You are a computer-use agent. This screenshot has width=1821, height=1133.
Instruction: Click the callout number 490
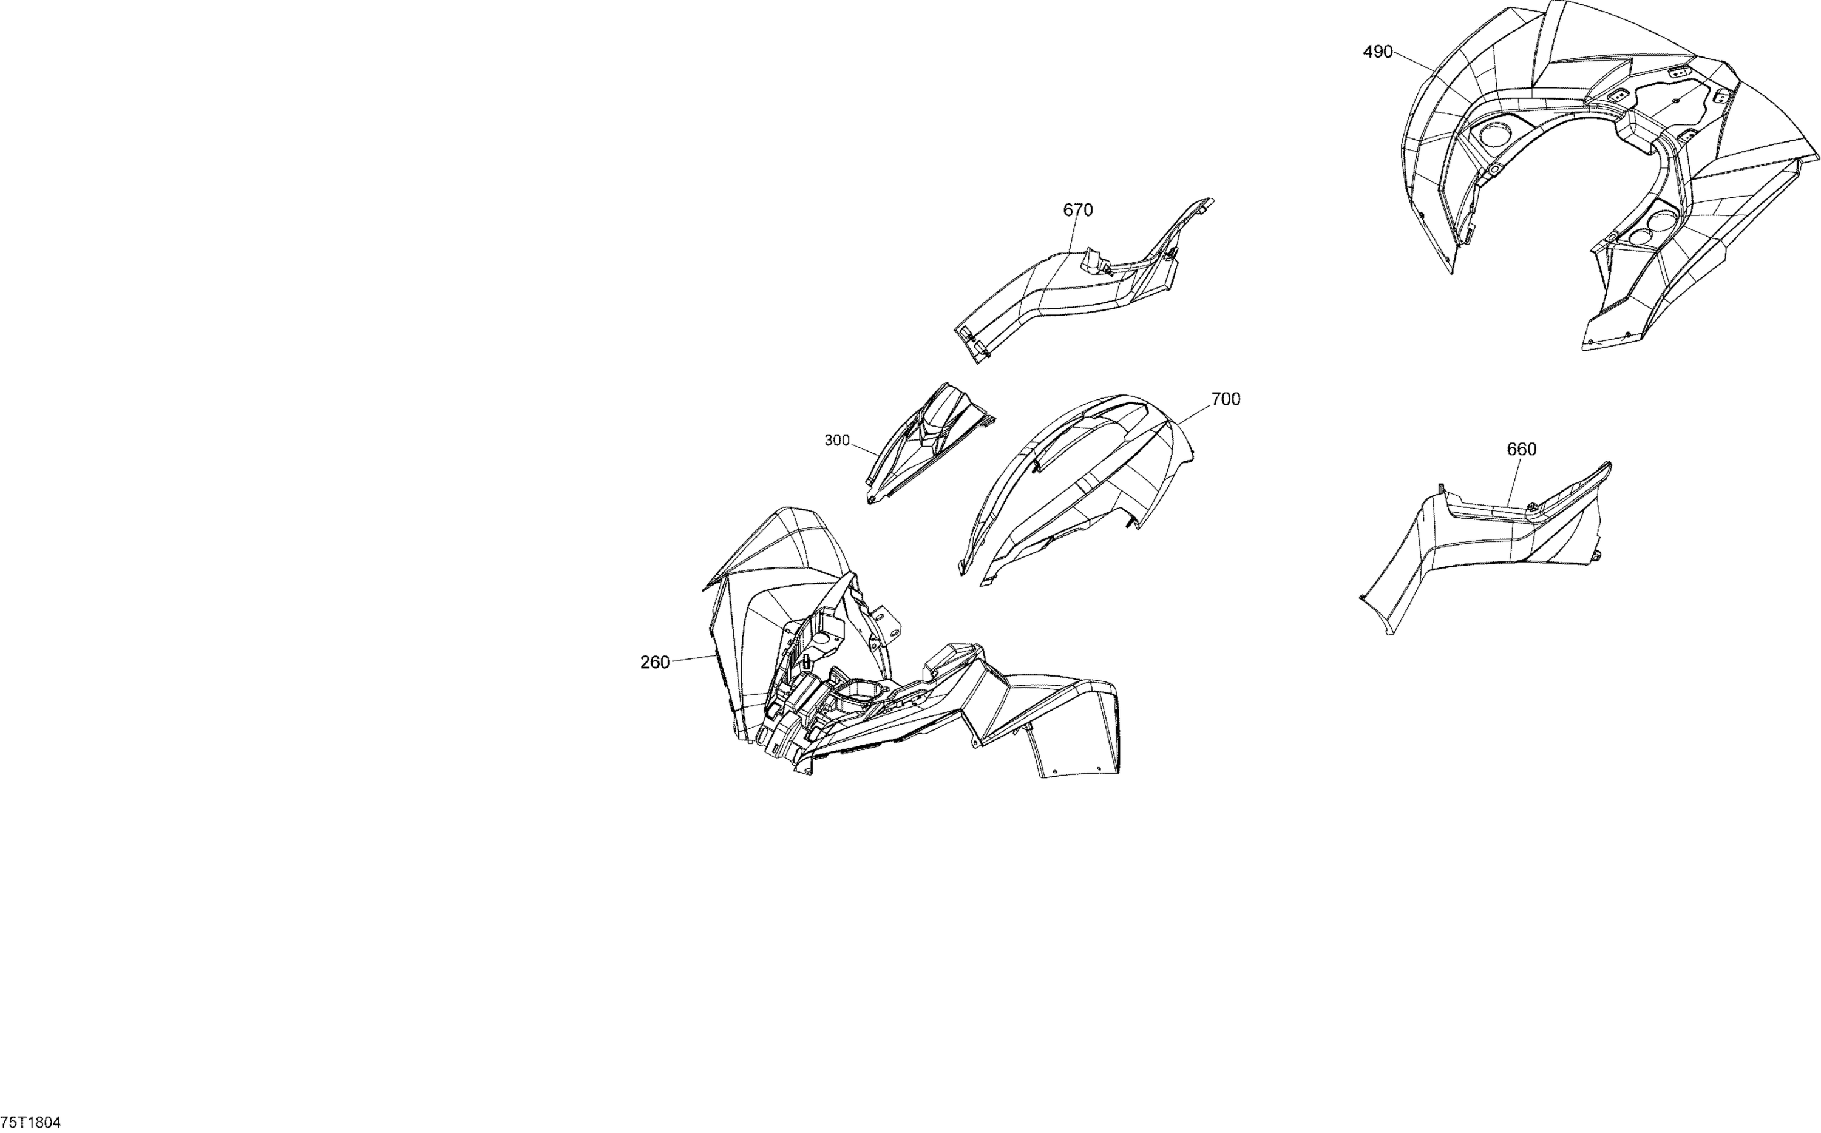click(x=1377, y=52)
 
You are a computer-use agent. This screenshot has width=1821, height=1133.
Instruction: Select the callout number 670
click(x=1077, y=211)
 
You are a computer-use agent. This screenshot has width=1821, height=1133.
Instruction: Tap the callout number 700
click(x=1226, y=399)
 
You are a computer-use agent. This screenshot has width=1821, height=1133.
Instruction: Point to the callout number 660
click(x=1521, y=449)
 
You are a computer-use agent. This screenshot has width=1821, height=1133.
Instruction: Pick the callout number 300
click(x=837, y=441)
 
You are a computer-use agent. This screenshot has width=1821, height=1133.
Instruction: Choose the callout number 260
click(x=655, y=663)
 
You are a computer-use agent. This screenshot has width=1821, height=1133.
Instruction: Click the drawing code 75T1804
click(x=32, y=1121)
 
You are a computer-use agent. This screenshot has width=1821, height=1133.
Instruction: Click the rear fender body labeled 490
click(x=1611, y=172)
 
